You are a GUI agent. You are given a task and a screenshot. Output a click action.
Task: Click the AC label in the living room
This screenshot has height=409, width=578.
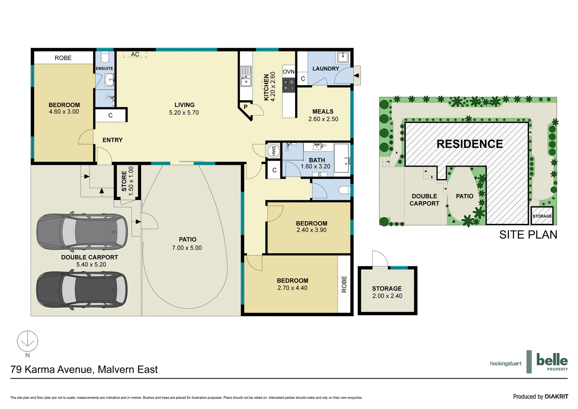(135, 55)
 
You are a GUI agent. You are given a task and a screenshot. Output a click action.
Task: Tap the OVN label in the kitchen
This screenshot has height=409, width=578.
(289, 72)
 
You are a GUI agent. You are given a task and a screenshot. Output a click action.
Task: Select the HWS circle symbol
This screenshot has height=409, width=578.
(274, 151)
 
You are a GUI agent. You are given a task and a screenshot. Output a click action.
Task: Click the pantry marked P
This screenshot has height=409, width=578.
(245, 107)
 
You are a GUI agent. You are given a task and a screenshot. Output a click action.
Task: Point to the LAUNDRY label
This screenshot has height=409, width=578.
(326, 69)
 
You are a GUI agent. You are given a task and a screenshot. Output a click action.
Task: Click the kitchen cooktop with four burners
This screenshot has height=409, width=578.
(289, 85)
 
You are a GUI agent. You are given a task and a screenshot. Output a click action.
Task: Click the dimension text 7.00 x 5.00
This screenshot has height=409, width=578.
(187, 248)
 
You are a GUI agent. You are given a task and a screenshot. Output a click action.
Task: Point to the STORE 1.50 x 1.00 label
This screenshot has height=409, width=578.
(127, 181)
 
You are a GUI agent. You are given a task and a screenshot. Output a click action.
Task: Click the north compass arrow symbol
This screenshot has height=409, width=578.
(28, 341)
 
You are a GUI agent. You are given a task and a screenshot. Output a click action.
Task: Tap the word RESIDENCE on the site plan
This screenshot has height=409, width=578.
(469, 144)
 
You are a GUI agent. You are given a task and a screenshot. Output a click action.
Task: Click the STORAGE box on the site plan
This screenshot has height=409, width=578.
(542, 216)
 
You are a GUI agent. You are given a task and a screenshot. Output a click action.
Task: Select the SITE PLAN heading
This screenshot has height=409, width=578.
(528, 235)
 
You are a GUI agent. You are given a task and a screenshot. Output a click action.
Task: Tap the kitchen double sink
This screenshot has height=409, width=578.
(246, 76)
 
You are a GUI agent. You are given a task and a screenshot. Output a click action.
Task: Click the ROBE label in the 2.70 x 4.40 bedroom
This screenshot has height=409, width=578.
(344, 284)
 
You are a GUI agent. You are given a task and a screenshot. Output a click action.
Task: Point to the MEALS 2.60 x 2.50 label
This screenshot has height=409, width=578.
(323, 115)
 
